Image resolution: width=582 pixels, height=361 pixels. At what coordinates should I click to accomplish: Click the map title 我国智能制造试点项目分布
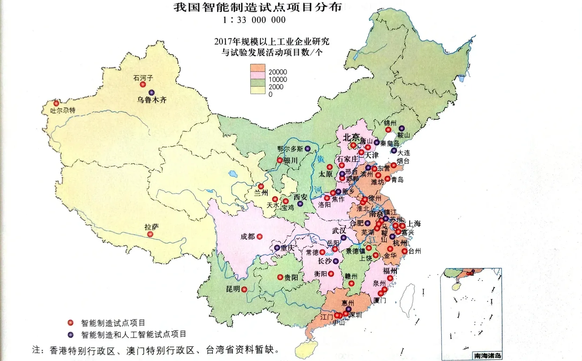pos(257,7)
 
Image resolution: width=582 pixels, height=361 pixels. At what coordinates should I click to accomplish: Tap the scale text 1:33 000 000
pos(254,20)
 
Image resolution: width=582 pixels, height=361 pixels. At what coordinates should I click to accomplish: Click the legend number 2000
pos(276,87)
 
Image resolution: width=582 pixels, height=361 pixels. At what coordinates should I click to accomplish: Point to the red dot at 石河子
pos(143,85)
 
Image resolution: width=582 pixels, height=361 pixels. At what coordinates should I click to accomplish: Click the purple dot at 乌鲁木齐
pos(152,93)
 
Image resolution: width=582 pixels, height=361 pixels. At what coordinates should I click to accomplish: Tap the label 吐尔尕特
pos(63,110)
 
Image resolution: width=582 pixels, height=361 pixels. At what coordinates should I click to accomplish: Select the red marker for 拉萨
pos(150,234)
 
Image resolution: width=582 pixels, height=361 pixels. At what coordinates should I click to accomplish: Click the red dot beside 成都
pos(260,237)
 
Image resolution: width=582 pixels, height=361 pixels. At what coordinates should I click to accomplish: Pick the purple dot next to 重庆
pos(277,248)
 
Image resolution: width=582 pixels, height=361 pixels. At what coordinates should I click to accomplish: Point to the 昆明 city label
pos(233,289)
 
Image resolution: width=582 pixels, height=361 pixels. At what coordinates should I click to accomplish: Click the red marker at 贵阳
pos(280,277)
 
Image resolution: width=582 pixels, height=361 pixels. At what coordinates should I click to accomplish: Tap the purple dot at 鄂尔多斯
pos(308,149)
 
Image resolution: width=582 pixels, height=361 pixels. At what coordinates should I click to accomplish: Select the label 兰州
pos(261,193)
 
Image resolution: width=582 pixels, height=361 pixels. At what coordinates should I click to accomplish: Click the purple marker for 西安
pos(300,204)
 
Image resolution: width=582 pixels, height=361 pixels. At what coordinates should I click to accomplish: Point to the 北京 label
pos(351,137)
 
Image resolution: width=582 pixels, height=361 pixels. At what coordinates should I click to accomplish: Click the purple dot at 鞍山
pos(401,129)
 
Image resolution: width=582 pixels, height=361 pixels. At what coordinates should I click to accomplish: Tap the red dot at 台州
pos(405,251)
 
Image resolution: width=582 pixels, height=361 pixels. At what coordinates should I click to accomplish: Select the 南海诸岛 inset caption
pos(488,356)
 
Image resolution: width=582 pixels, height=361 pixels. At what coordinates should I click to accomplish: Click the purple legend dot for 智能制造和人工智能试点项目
pos(71,334)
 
